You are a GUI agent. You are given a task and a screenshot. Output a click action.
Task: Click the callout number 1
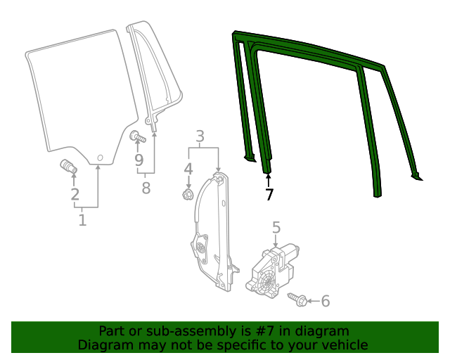click(x=82, y=220)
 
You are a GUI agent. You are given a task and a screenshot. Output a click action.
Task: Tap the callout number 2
click(x=75, y=194)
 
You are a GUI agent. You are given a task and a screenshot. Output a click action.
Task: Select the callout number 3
click(x=200, y=136)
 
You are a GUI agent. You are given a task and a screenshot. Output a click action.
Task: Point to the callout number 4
click(x=188, y=169)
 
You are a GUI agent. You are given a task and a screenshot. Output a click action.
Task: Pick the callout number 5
click(x=276, y=227)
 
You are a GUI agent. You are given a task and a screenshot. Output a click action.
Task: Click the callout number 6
click(x=325, y=301)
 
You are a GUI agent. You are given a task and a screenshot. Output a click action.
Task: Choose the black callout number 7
click(x=269, y=195)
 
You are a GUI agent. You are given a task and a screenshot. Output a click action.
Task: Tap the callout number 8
click(x=146, y=188)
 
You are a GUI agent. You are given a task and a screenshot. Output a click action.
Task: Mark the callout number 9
click(x=139, y=160)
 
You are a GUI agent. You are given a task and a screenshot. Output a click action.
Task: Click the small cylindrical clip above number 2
click(x=69, y=167)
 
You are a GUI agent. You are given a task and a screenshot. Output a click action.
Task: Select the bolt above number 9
click(x=138, y=136)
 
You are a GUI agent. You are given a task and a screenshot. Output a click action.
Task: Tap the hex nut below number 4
click(x=188, y=195)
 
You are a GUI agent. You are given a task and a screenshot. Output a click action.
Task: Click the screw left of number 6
click(x=297, y=300)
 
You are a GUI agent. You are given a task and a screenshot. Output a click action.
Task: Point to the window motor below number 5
click(x=272, y=270)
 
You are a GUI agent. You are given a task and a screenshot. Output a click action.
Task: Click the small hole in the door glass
click(x=100, y=157)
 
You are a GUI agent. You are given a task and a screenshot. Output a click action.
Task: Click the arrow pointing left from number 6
click(x=313, y=301)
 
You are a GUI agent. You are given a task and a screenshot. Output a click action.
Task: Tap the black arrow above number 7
click(x=268, y=180)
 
